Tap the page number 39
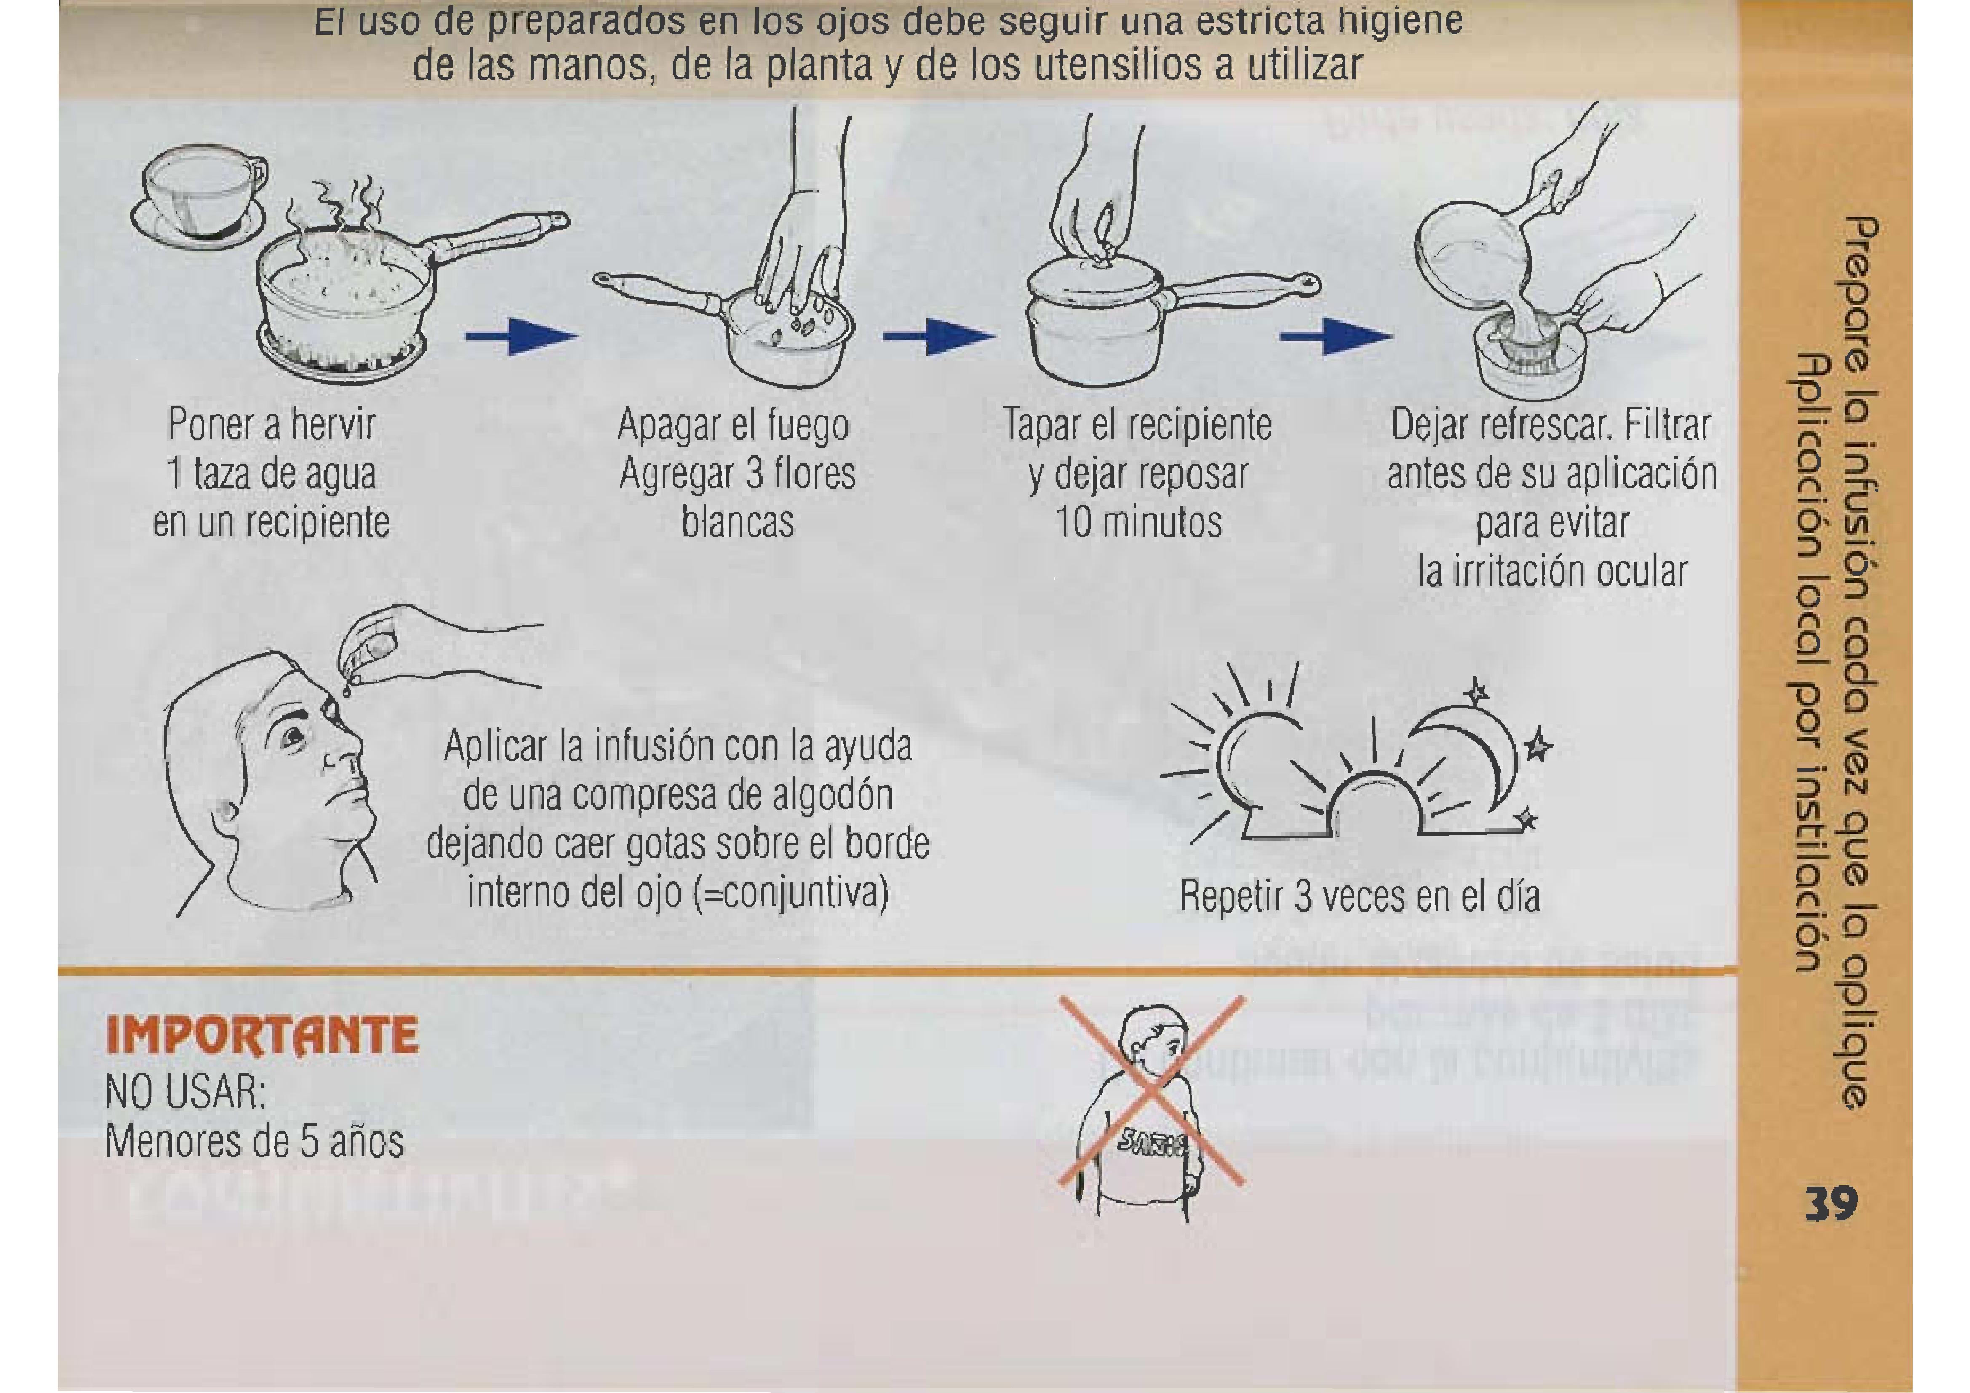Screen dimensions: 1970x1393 click(x=1831, y=1204)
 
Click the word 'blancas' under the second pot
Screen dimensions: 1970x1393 click(x=738, y=522)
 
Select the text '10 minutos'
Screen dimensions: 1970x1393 click(x=1138, y=522)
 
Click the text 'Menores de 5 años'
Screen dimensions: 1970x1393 click(x=254, y=1142)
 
